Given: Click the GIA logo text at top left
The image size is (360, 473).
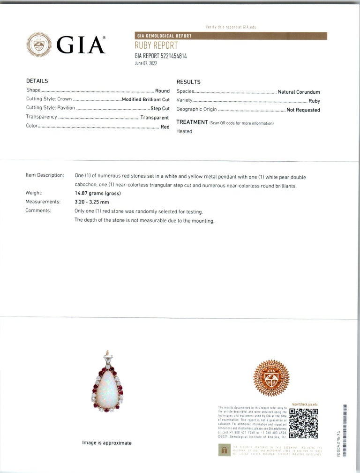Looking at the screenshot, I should click(81, 45).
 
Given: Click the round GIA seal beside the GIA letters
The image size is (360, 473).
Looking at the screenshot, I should click(39, 45).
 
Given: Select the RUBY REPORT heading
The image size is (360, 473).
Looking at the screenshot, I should click(156, 46).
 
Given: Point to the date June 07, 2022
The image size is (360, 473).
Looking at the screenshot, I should click(146, 63).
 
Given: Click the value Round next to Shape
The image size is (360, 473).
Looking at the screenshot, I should click(162, 91).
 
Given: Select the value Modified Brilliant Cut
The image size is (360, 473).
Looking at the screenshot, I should click(146, 99).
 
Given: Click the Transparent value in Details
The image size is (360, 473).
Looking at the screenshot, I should click(155, 117).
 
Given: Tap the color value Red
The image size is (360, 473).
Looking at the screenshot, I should click(165, 127).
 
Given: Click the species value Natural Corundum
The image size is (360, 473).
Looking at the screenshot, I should click(299, 92).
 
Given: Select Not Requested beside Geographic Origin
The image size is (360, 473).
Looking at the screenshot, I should click(303, 110).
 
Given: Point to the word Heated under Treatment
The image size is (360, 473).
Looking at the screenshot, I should click(184, 131).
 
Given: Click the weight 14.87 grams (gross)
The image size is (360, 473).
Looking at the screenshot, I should click(97, 193).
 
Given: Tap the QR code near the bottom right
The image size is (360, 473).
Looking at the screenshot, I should click(304, 423).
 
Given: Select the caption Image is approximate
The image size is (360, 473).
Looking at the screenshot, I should click(107, 443).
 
